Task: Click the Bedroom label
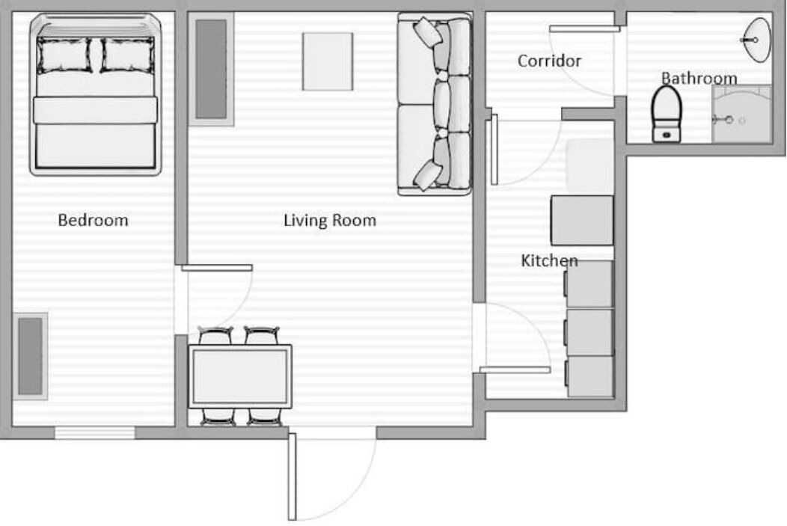pos(93,220)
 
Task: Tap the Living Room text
pos(330,220)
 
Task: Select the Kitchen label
pos(549,260)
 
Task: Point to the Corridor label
pos(549,61)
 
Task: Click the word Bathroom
pos(699,79)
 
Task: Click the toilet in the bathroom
pos(667,114)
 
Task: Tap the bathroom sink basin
pos(756,40)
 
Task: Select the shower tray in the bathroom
pos(741,114)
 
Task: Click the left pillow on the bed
pos(64,55)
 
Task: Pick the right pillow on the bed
pos(127,55)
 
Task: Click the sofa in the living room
pos(435,104)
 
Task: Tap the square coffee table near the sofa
pos(328,62)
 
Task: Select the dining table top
pos(240,376)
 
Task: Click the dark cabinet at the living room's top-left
pos(211,70)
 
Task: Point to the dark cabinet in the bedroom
pos(30,356)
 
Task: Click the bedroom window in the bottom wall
pos(95,432)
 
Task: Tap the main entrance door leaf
pos(292,477)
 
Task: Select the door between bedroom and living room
pos(217,268)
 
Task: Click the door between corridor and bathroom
pos(585,29)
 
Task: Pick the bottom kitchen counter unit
pos(590,376)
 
